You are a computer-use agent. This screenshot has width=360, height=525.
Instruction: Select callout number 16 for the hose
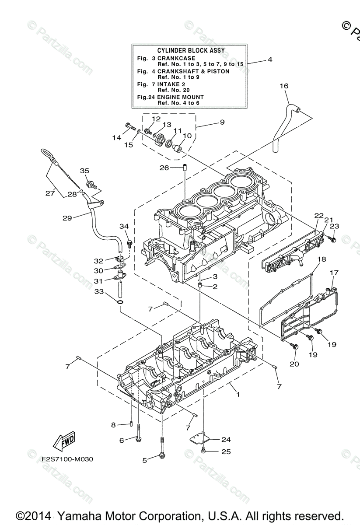(284, 86)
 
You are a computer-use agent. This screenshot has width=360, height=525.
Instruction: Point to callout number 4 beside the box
(270, 59)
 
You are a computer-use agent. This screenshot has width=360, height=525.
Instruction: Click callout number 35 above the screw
(84, 171)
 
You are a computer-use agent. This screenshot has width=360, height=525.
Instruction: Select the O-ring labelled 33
(120, 302)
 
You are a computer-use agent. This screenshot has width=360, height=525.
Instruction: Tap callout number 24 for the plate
(226, 439)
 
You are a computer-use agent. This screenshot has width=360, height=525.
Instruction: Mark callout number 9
(222, 122)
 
